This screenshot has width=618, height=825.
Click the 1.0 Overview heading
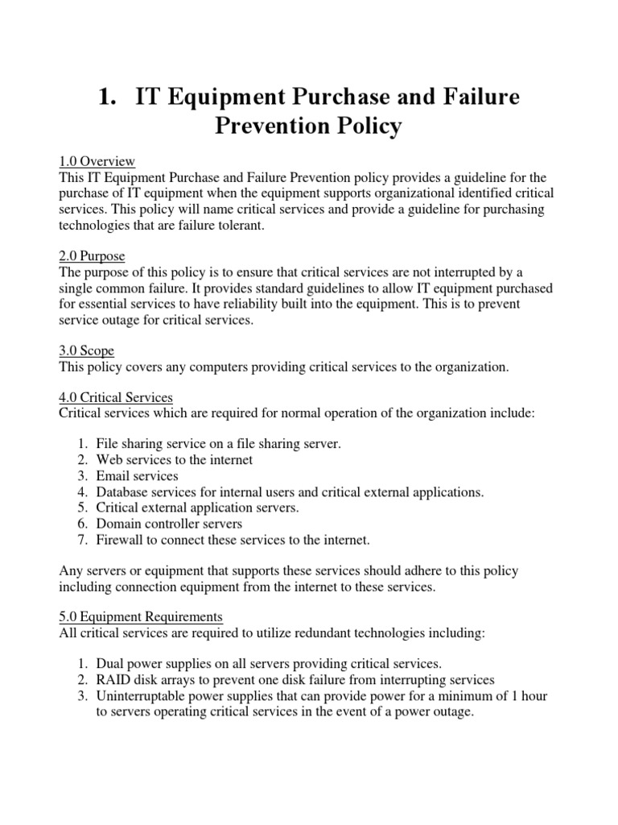97,161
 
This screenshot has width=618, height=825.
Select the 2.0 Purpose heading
93,256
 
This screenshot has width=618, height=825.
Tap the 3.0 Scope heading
87,350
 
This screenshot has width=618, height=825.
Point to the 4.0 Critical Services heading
116,397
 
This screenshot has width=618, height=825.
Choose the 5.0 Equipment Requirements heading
141,616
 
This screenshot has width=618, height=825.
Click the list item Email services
137,475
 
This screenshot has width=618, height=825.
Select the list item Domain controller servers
169,524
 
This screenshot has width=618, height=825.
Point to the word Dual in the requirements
110,664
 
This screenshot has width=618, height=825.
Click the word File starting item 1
108,444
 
